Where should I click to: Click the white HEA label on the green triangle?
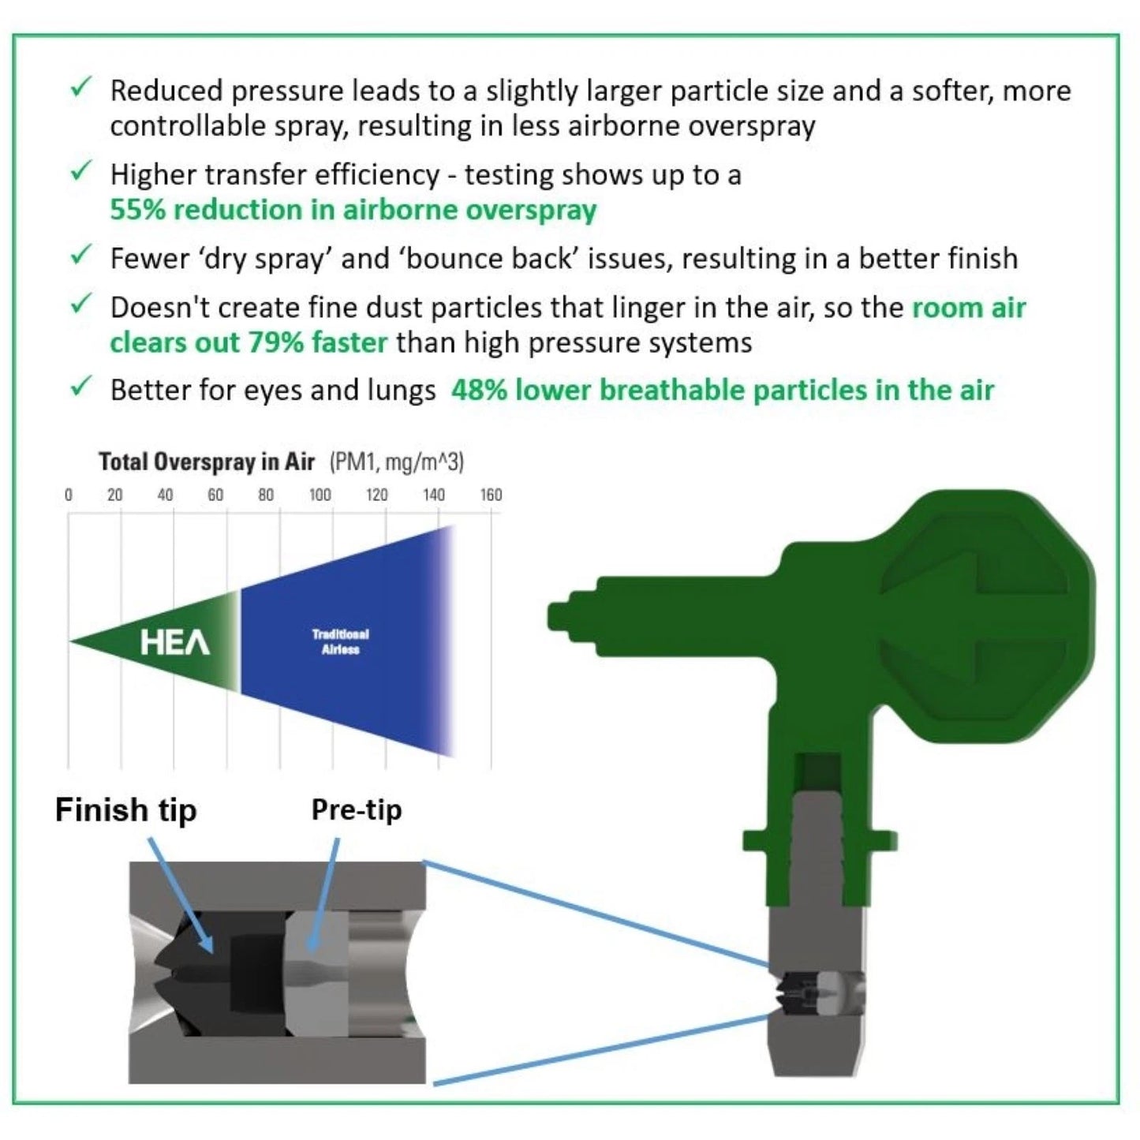175,642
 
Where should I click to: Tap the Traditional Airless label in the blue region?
340,642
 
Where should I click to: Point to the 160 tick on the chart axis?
491,495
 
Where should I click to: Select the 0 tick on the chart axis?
69,495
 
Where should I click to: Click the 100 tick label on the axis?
320,495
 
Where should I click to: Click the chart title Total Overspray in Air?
206,462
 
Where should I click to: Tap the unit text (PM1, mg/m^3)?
397,462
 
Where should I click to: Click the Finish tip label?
125,810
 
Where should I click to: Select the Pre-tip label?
356,809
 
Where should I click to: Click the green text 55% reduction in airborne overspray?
353,210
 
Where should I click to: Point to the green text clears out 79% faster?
249,342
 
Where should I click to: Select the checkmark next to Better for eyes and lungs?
80,387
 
